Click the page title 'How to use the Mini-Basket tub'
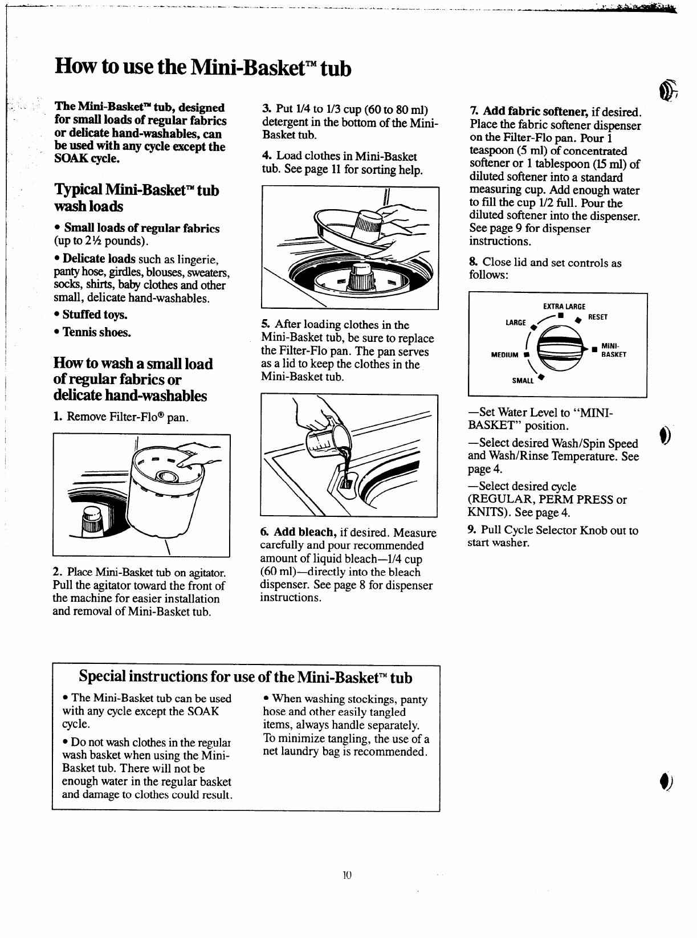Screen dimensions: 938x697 click(203, 68)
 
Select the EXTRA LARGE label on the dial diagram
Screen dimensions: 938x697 click(564, 307)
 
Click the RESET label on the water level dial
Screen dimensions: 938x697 click(597, 317)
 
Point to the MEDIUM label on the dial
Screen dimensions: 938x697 click(504, 355)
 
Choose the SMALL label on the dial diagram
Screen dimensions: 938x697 click(523, 381)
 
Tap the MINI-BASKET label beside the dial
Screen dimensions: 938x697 click(613, 350)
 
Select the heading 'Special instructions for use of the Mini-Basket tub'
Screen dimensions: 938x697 click(246, 676)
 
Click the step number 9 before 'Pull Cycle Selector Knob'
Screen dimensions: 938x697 click(471, 530)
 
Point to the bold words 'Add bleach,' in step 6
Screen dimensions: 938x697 click(304, 532)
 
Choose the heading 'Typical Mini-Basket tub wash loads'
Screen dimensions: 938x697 click(136, 198)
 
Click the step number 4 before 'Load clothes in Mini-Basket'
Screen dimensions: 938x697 click(266, 156)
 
